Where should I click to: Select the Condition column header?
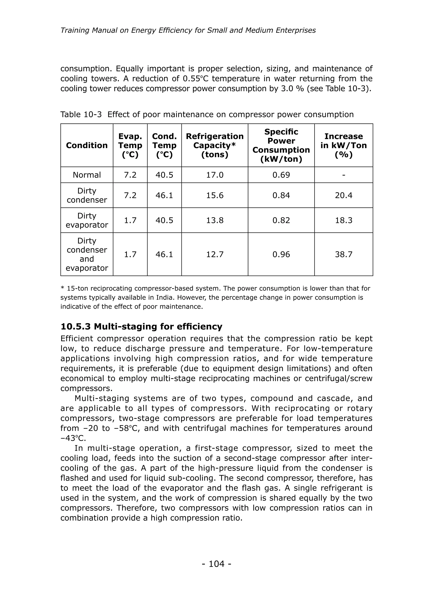tap(87, 145)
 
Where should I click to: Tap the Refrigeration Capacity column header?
tap(215, 145)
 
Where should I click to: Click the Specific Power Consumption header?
tap(281, 145)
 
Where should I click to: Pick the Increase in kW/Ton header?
tap(343, 145)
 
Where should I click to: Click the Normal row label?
tap(87, 175)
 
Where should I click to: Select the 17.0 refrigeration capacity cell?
tap(215, 175)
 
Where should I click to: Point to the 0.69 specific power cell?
tap(281, 175)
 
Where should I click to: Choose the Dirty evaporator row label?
tap(87, 220)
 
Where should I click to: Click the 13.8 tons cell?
tap(215, 220)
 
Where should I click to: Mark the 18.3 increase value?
tap(343, 220)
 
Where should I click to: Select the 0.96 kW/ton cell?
tap(281, 254)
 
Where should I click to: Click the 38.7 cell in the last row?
tap(343, 254)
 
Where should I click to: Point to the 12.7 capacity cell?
tap(215, 254)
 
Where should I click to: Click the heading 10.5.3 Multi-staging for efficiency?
tap(141, 326)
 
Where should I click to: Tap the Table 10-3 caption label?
tap(81, 114)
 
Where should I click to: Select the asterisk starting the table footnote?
tap(62, 288)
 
